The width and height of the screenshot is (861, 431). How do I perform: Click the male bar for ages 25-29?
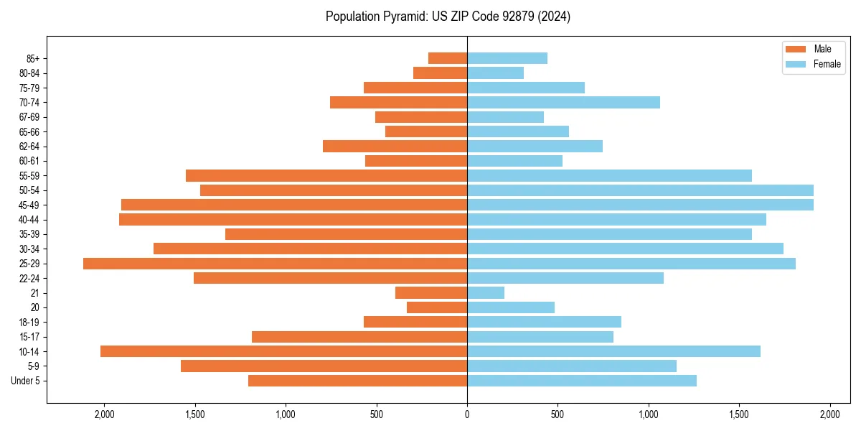pos(275,264)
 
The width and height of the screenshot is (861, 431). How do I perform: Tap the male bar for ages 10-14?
pos(283,351)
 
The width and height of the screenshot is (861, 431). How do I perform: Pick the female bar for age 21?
pos(486,293)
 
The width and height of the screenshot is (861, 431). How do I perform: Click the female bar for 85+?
pos(507,58)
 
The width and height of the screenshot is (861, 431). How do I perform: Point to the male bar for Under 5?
pos(357,381)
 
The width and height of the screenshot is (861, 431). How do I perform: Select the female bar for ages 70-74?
pos(563,103)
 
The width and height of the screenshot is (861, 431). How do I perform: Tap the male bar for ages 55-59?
pos(326,176)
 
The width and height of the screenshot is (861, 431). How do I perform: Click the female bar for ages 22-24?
pos(565,278)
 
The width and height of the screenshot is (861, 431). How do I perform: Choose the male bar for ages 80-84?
pos(440,73)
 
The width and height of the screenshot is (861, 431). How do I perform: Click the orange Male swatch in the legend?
pos(796,49)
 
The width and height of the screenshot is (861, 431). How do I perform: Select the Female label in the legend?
pos(827,64)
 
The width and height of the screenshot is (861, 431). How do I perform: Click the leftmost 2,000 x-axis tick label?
pos(105,415)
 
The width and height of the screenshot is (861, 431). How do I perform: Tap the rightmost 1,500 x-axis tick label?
pos(739,415)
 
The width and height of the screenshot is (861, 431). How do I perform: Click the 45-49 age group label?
pos(29,205)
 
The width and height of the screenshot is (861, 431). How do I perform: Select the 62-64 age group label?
pos(29,147)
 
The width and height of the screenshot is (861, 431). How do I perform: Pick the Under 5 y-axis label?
pos(26,381)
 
